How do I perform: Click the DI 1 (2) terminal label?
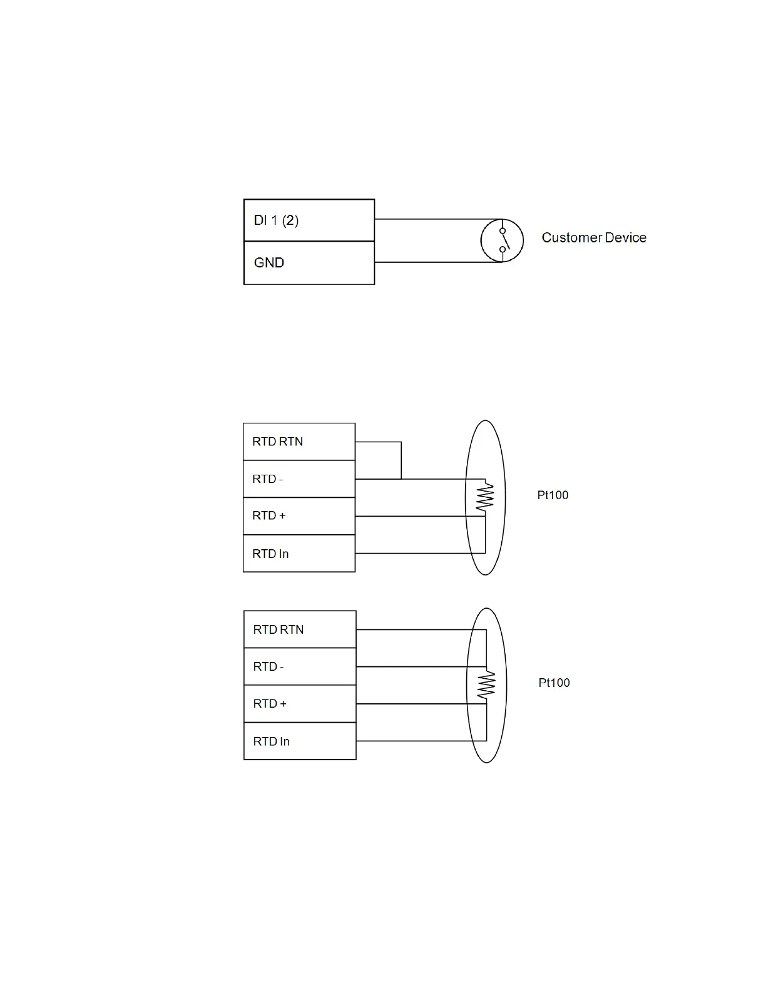click(276, 220)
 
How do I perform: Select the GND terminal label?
click(269, 263)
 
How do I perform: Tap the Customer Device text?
click(593, 238)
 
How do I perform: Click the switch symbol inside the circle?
click(503, 240)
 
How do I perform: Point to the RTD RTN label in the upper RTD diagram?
click(277, 442)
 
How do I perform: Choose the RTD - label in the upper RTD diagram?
click(267, 479)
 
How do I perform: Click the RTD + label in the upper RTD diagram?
click(268, 516)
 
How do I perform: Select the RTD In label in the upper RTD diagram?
click(270, 554)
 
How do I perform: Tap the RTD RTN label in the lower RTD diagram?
click(278, 629)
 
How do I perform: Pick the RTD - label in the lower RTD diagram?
click(268, 667)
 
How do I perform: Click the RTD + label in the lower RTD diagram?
click(269, 704)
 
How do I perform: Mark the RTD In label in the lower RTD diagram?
click(271, 741)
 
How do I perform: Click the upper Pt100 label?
click(553, 495)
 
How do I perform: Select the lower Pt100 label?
click(554, 683)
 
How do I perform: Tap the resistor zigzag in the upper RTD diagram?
click(485, 497)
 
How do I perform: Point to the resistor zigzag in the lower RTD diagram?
click(486, 685)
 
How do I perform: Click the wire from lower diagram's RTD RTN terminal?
click(413, 629)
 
